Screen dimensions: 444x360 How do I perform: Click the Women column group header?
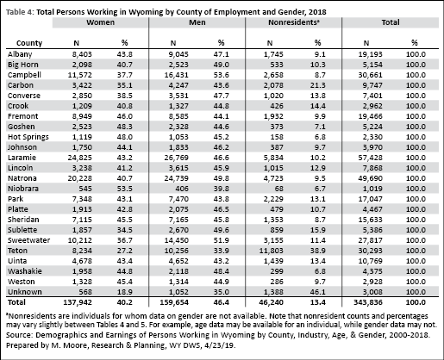point(100,22)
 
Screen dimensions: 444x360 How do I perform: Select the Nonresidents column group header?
point(294,22)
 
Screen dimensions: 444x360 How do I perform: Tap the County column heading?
point(29,43)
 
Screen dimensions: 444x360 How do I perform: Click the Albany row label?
point(20,54)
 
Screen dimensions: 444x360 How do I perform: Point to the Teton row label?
point(17,251)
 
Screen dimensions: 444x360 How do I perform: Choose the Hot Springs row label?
point(28,137)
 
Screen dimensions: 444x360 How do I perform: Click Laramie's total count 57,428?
point(370,158)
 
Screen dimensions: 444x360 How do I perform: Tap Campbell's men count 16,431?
point(176,75)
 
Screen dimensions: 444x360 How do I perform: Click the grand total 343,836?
point(368,302)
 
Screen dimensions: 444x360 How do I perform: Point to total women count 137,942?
point(78,302)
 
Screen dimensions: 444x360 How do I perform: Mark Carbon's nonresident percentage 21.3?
point(317,85)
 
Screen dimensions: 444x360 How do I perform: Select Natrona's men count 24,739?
point(176,178)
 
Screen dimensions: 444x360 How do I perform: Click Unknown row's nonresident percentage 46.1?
point(317,292)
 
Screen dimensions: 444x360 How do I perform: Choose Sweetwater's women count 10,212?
point(79,240)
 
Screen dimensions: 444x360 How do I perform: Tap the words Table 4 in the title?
point(20,12)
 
